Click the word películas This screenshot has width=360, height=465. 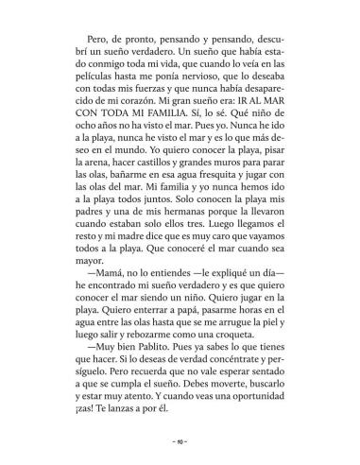tap(80, 97)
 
